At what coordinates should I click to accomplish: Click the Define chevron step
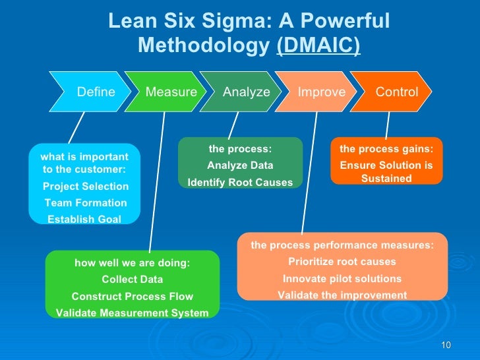click(96, 92)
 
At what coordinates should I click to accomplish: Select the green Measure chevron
click(171, 92)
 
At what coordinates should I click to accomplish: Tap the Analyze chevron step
click(247, 92)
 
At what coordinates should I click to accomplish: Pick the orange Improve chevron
click(322, 92)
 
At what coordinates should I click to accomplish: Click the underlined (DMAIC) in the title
click(318, 46)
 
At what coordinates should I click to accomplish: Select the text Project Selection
click(86, 187)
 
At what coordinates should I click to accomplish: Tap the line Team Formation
click(86, 203)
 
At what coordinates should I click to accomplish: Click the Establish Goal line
click(84, 220)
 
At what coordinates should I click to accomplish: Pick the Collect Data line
click(133, 280)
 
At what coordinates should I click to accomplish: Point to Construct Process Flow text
click(133, 296)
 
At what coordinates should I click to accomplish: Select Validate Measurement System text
click(133, 313)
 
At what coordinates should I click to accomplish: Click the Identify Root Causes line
click(240, 182)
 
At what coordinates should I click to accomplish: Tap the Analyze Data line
click(240, 165)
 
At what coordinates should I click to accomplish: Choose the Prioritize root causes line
click(342, 262)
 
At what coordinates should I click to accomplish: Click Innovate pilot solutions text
click(342, 278)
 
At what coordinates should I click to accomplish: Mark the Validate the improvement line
click(342, 295)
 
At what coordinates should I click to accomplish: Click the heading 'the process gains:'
click(386, 149)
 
